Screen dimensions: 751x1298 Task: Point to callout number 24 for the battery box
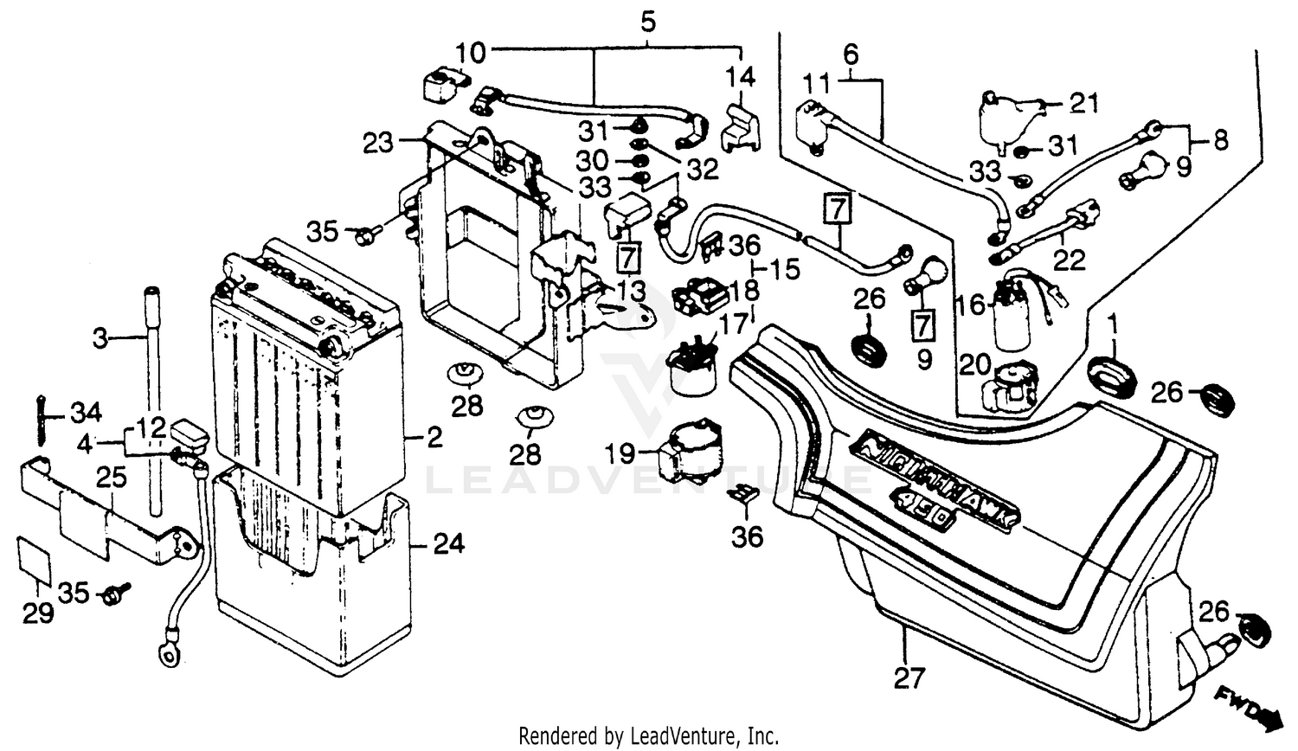coord(448,543)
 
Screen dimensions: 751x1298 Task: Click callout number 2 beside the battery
coord(434,437)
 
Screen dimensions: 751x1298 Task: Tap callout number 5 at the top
coord(648,22)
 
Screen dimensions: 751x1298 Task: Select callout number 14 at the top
coord(740,77)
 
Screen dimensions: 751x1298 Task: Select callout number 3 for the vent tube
coord(100,337)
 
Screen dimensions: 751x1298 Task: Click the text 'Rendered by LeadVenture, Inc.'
coord(648,736)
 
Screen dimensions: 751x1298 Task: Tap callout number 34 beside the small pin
coord(86,411)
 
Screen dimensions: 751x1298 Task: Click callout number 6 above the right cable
coord(850,55)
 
